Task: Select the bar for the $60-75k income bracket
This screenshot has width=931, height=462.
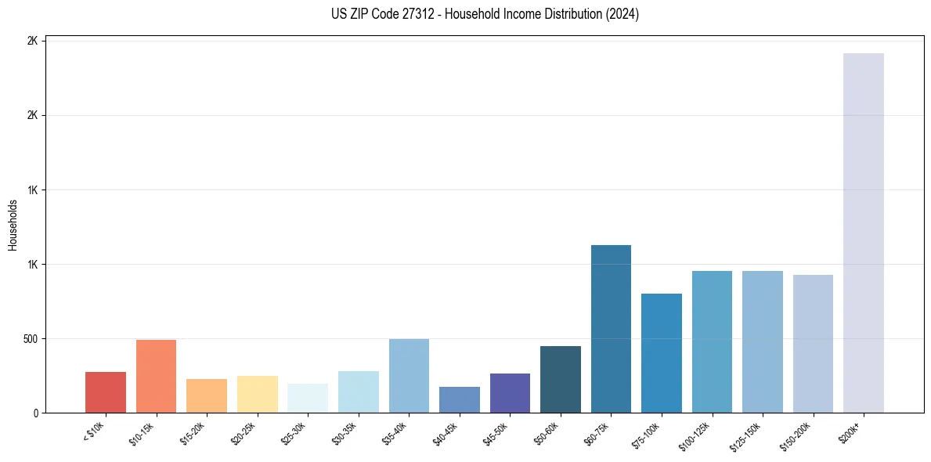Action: [x=611, y=329]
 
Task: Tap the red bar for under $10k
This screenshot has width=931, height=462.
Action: [x=106, y=392]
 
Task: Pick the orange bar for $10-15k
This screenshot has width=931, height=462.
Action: [x=156, y=376]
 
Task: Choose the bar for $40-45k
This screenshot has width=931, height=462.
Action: [x=459, y=399]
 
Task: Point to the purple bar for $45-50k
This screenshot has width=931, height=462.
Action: [x=510, y=393]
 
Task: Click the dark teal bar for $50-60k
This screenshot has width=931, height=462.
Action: [x=561, y=379]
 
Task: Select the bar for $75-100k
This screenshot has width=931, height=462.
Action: [x=661, y=353]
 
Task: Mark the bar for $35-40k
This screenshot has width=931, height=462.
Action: [x=409, y=376]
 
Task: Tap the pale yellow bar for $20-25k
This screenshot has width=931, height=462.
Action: [x=257, y=394]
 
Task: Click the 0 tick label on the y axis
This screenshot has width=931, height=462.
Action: [x=35, y=413]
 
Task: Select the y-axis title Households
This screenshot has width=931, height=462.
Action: [x=13, y=225]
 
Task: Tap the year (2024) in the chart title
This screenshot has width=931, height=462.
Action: [x=622, y=14]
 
